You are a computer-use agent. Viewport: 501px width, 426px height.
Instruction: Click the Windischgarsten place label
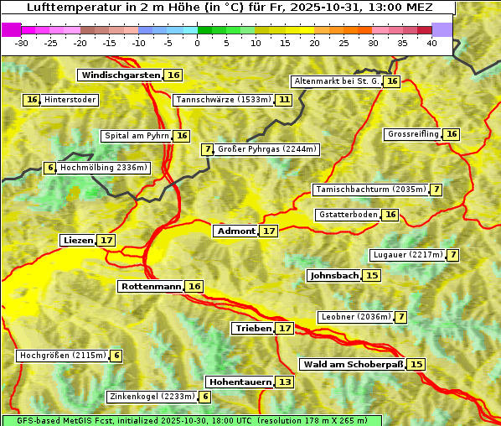tap(121, 75)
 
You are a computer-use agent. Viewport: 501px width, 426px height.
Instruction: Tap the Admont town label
tap(235, 231)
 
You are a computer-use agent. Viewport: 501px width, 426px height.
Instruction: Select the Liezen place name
tap(78, 241)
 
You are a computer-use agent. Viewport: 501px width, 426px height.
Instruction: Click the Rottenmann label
tap(151, 287)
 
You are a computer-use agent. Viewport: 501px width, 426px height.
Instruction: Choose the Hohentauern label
tap(240, 382)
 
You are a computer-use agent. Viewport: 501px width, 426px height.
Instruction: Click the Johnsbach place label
tap(334, 276)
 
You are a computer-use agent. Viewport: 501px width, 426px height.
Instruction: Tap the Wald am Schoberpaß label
tap(352, 365)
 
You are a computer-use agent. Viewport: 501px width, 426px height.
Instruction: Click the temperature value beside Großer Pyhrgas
tap(207, 149)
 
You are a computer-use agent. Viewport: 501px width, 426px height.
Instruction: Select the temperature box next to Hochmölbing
tap(49, 168)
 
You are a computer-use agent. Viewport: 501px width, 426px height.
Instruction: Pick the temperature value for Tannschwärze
tap(285, 100)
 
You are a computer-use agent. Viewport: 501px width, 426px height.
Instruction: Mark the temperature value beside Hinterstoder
tap(32, 100)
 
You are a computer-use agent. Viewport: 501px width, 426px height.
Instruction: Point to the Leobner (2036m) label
tap(355, 317)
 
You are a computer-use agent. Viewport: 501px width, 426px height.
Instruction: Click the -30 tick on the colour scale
tap(23, 43)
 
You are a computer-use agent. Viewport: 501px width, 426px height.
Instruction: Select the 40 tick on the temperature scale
tap(431, 43)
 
